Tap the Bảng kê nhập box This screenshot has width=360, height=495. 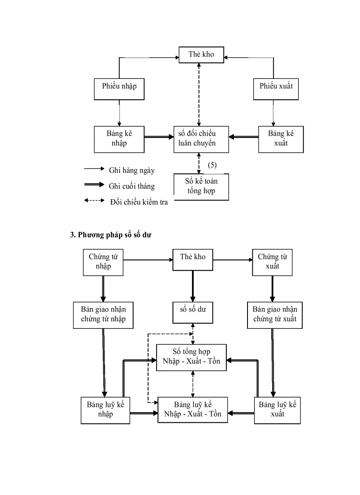pos(119,139)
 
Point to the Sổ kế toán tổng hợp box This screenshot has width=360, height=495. pos(201,186)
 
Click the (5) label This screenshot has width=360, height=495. pos(212,165)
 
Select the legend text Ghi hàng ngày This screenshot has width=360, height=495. pos(131,170)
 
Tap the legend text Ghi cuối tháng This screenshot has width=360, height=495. pos(131,186)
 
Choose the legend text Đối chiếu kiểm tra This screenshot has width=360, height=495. pos(139,202)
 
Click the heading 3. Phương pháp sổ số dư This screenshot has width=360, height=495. pos(111,235)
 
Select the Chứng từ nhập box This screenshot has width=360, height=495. pos(103,262)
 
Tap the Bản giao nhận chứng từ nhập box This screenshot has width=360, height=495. pos(103,315)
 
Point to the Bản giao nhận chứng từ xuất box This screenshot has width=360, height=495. pos(275,315)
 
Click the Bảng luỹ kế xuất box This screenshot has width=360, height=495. pos(277,410)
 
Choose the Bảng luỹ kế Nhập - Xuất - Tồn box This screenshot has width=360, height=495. pos(193,409)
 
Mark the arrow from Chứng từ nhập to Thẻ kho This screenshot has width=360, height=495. pos(147,260)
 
